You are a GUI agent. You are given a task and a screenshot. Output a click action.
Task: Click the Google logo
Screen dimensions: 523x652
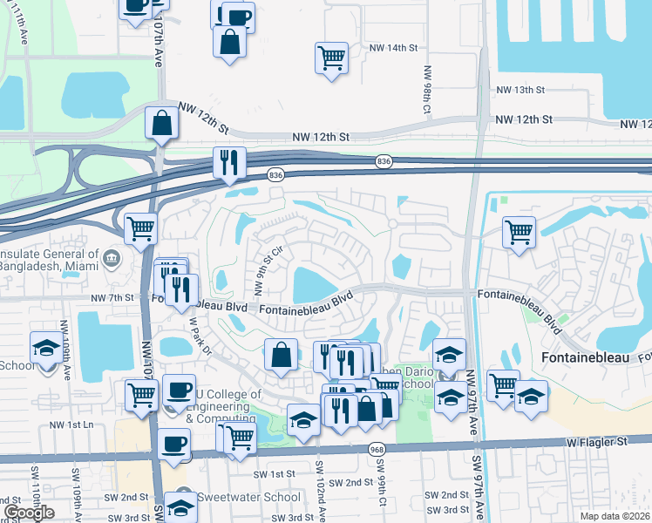tap(29, 513)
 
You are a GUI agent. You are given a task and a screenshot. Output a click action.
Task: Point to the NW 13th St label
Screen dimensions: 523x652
tap(520, 90)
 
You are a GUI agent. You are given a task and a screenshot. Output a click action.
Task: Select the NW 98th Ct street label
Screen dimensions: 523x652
tap(428, 91)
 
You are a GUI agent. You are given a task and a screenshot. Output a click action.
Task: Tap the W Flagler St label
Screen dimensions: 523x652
tap(596, 443)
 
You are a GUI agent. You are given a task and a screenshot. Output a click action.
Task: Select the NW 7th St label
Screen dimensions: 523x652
tap(113, 297)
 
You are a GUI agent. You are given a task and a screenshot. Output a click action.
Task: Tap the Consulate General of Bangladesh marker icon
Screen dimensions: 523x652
tap(112, 258)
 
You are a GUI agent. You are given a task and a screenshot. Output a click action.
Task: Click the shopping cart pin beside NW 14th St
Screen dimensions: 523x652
tap(331, 59)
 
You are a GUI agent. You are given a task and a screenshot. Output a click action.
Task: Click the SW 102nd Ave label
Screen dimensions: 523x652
tap(321, 490)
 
